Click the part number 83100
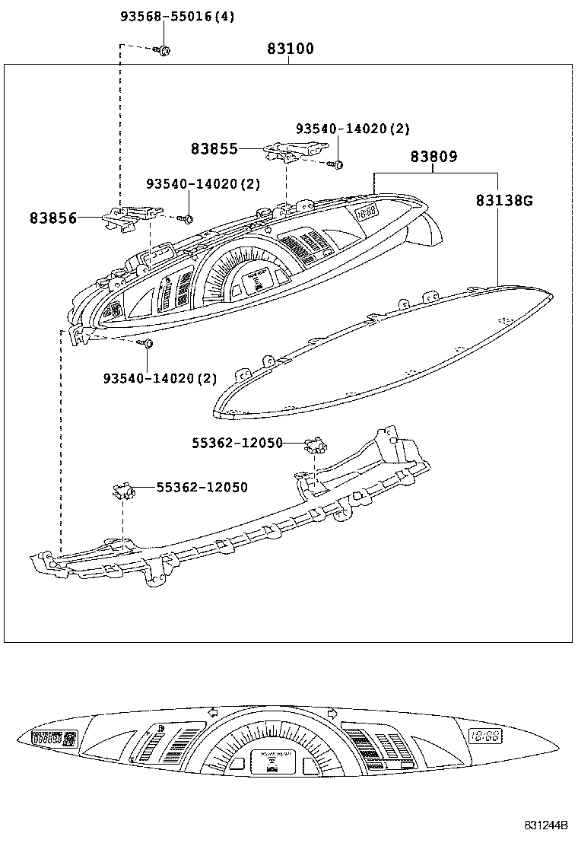[290, 49]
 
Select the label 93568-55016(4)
[177, 16]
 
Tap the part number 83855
[214, 149]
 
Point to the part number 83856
[53, 218]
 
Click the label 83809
[433, 157]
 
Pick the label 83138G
[505, 201]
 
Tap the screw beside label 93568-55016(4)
[164, 50]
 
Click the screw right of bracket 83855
[339, 164]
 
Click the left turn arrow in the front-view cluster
[212, 714]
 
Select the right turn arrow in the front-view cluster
[332, 714]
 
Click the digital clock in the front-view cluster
[484, 736]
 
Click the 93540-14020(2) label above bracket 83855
[353, 129]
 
